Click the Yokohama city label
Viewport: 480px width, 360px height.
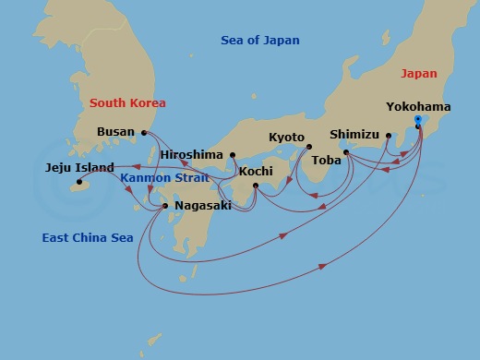tap(419, 107)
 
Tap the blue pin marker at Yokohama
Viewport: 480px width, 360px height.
tap(418, 121)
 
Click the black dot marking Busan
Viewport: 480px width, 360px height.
tap(144, 132)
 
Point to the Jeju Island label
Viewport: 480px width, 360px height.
tap(80, 168)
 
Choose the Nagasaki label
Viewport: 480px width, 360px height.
tap(202, 206)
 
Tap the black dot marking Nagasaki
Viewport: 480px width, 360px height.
tap(165, 206)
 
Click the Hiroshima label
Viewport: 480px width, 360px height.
tap(193, 154)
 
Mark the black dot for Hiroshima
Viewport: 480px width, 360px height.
tap(233, 154)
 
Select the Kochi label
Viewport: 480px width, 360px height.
tap(256, 172)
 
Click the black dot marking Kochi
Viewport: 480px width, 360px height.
tap(256, 186)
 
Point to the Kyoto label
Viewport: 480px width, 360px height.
tap(286, 138)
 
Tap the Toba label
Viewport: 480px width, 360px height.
tap(327, 160)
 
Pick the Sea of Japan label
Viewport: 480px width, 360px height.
tap(260, 41)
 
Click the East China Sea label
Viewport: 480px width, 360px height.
tap(88, 238)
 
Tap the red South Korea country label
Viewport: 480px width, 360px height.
tap(126, 102)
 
